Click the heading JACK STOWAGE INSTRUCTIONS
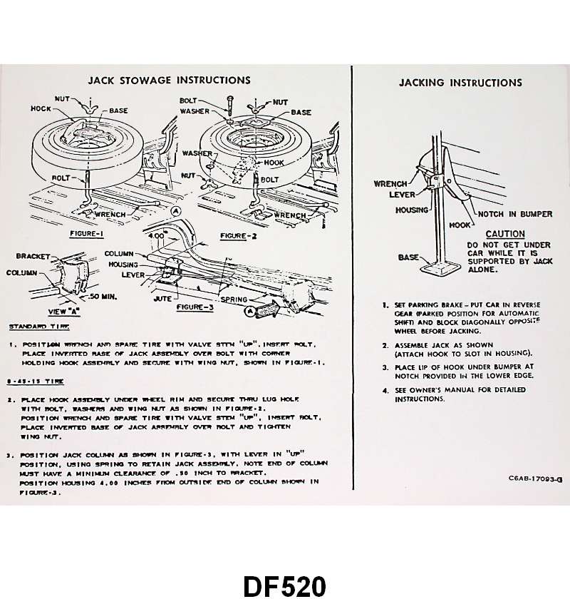point(169,81)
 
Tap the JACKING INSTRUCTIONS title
point(460,83)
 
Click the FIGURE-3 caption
point(193,307)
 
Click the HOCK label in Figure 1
point(41,109)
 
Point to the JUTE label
point(162,299)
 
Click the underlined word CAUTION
point(504,234)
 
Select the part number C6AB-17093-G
point(535,479)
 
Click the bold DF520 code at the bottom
point(284,585)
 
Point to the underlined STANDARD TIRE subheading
point(39,327)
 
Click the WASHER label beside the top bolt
point(195,112)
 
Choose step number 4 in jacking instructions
point(385,390)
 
